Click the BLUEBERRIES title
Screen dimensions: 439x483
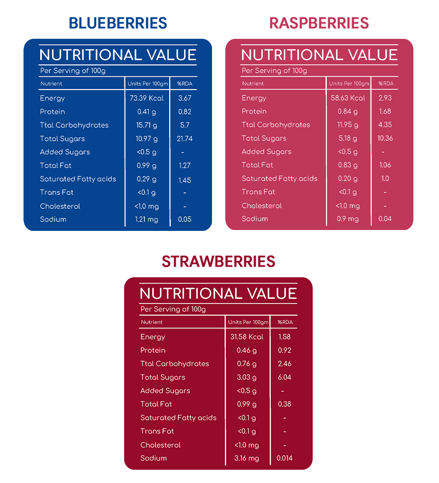tap(117, 23)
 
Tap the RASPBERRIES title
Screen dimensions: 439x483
tap(319, 23)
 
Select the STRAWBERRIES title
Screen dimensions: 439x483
tap(219, 261)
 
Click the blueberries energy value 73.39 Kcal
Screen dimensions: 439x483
tap(147, 98)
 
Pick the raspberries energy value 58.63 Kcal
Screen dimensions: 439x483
tap(348, 98)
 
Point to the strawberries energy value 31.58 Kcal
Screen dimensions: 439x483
tap(247, 337)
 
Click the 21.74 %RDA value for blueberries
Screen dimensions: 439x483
tap(185, 139)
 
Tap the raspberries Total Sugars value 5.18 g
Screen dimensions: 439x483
tap(348, 138)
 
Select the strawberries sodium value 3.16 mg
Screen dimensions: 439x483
tap(247, 458)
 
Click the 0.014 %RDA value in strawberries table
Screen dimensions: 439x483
tap(285, 458)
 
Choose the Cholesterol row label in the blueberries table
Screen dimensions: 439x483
tap(60, 206)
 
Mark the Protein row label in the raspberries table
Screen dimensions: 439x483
tap(254, 111)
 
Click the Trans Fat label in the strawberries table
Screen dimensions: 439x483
tap(157, 431)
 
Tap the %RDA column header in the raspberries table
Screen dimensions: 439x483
tap(386, 83)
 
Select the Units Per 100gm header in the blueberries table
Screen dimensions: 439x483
tap(148, 84)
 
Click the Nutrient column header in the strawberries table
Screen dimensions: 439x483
tap(151, 322)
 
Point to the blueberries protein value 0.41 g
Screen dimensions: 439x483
tap(147, 112)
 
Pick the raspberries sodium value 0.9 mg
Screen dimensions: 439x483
tap(348, 219)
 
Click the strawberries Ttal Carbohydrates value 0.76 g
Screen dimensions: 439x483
tap(247, 364)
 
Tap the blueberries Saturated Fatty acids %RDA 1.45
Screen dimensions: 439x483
tap(185, 180)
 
